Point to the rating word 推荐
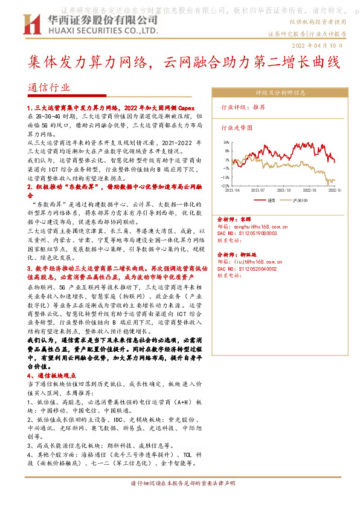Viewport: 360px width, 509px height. pyautogui.click(x=259, y=107)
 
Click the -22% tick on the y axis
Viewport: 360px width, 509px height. pyautogui.click(x=225, y=186)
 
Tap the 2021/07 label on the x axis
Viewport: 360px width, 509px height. pyautogui.click(x=259, y=190)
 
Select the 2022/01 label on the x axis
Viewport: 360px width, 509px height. pyautogui.click(x=310, y=190)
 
